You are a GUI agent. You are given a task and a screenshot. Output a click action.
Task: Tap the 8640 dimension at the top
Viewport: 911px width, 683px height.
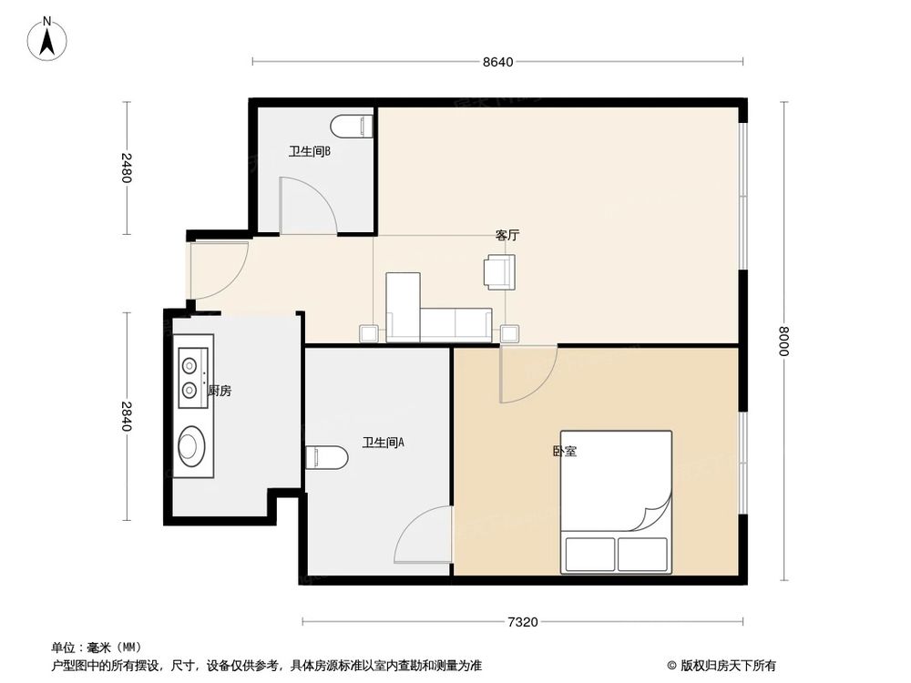click(498, 62)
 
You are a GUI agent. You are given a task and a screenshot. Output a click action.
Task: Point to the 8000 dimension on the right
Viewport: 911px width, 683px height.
click(782, 342)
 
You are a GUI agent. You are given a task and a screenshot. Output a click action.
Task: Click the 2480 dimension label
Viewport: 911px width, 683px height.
click(127, 168)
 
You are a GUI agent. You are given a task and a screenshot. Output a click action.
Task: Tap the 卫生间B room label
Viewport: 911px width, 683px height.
click(309, 152)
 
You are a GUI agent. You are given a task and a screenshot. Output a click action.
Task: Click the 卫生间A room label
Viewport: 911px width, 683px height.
click(383, 443)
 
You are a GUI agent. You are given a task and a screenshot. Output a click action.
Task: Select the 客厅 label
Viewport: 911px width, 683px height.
click(507, 234)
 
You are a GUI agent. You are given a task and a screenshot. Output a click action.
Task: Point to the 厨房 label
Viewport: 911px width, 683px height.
click(220, 391)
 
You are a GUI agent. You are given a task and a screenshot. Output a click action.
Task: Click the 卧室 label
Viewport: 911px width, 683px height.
click(564, 451)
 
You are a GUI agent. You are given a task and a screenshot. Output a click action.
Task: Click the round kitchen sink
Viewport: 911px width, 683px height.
click(191, 445)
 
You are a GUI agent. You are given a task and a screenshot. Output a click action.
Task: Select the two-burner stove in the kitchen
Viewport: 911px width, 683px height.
click(190, 377)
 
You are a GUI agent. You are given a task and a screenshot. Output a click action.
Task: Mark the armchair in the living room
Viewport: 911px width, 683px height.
click(499, 270)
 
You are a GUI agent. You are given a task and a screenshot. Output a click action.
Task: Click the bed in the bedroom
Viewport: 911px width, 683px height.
click(616, 502)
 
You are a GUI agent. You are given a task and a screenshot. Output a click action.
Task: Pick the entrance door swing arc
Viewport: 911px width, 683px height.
click(220, 271)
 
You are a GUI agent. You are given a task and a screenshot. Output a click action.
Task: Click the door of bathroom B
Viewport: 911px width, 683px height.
click(308, 206)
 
